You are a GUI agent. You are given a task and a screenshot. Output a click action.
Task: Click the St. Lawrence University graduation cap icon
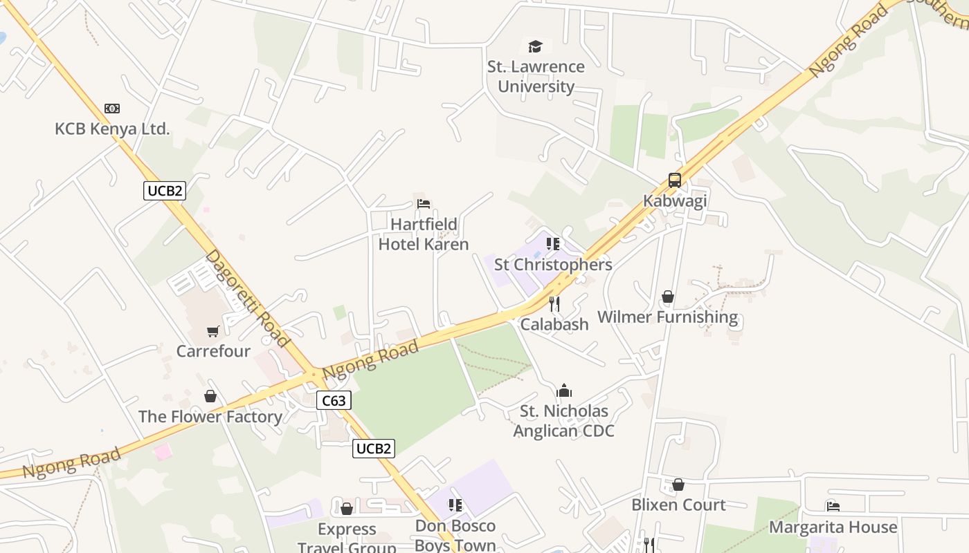pos(535,46)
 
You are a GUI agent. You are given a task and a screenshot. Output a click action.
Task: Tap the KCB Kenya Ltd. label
pos(112,129)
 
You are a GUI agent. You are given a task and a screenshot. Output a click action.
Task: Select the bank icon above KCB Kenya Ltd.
pos(112,109)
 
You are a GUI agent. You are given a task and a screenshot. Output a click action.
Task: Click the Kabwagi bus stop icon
pos(674,180)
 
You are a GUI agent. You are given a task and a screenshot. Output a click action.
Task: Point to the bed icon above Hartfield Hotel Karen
pos(424,203)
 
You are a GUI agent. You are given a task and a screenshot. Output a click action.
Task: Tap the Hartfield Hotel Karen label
pos(424,234)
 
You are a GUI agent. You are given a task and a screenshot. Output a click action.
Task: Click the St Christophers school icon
pos(552,244)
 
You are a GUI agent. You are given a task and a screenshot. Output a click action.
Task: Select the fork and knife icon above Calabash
pos(554,303)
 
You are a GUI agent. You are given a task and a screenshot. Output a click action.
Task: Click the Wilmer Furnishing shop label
pos(667,317)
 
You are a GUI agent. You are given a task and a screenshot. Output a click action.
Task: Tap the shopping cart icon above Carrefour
pos(212,331)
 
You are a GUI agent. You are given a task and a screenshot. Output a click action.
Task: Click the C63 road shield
pos(334,400)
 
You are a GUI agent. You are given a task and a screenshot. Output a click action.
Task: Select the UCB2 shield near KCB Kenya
pos(165,191)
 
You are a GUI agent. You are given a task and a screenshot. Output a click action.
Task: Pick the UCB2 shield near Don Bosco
pos(373,449)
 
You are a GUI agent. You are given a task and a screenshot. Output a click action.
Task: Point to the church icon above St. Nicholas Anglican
pos(564,391)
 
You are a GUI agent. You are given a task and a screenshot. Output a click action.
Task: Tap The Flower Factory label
pos(210,417)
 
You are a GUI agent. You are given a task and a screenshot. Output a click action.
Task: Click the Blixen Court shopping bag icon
pos(678,485)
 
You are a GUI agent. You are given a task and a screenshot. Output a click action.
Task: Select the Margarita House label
pos(833,527)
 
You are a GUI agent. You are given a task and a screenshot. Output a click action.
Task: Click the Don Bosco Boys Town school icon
pos(455,505)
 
